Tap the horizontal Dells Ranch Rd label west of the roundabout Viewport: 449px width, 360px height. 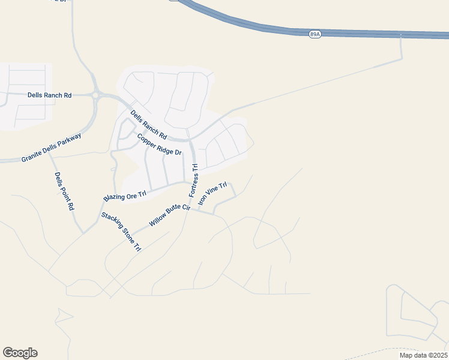(x=50, y=95)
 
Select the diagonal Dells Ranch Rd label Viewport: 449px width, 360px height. (x=148, y=125)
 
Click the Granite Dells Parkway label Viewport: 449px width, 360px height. (x=51, y=148)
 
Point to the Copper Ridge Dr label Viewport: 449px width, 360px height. (x=159, y=144)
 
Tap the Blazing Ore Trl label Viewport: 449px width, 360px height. (x=125, y=196)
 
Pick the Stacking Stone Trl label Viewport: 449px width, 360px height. (x=121, y=232)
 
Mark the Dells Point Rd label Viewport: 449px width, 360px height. (x=64, y=191)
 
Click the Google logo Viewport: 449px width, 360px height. (x=20, y=353)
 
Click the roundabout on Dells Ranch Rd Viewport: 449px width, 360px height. (x=96, y=95)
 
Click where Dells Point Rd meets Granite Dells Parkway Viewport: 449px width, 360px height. (x=49, y=155)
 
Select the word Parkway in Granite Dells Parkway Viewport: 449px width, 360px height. (x=70, y=140)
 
